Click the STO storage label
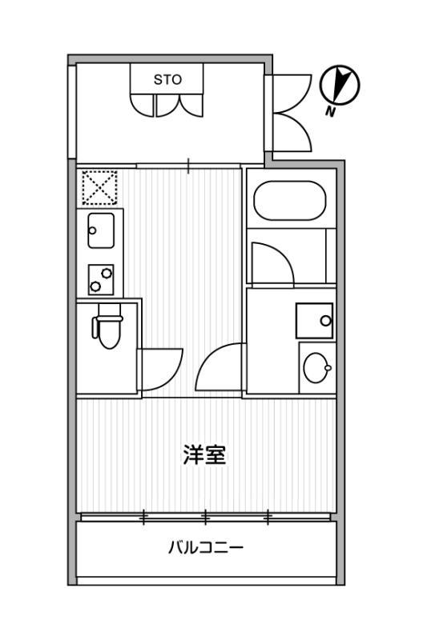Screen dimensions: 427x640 (167, 79)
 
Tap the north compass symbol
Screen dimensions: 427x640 (339, 86)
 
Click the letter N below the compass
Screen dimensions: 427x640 (330, 111)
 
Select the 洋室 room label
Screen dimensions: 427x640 (204, 454)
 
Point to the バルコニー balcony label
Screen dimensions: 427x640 (206, 547)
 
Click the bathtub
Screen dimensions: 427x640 (290, 201)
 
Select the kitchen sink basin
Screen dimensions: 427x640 (101, 230)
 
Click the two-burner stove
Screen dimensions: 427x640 (101, 279)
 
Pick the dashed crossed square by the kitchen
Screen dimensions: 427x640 (99, 188)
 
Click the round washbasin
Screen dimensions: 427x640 (316, 368)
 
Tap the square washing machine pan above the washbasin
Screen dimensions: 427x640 (314, 321)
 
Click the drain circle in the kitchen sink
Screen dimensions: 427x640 (92, 230)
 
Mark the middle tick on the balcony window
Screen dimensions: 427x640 (206, 517)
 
